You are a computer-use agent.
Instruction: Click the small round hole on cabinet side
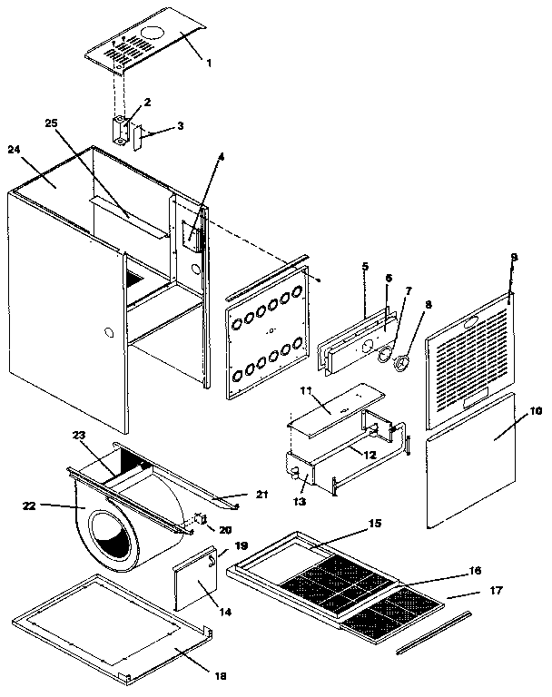[108, 333]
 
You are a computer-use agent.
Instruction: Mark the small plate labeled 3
[140, 138]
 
